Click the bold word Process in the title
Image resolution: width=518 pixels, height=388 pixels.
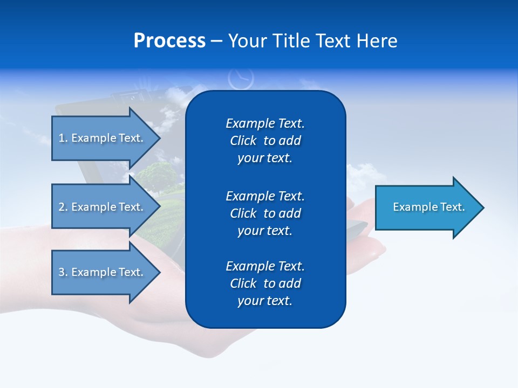pos(169,41)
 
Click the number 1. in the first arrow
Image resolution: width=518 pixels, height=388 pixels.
pos(63,138)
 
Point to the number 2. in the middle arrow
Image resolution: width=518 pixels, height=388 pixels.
pos(63,207)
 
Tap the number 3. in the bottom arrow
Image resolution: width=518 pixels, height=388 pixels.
pos(63,272)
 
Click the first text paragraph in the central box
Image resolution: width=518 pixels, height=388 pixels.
pos(265,141)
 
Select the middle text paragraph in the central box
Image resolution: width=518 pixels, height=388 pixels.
pos(265,213)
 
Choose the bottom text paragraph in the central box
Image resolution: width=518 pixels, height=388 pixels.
pos(265,283)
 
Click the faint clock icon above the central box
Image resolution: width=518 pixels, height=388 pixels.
pos(241,78)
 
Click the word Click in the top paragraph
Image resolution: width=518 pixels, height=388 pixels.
pos(243,141)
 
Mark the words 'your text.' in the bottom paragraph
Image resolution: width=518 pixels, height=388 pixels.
pos(265,301)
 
